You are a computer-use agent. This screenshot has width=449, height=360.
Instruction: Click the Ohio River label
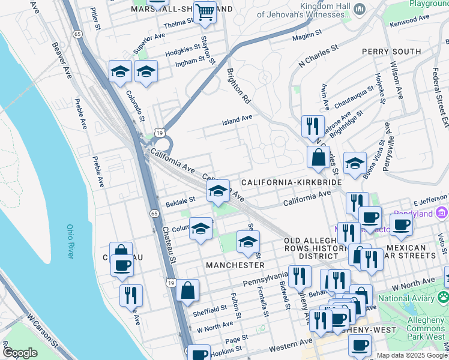click(x=70, y=242)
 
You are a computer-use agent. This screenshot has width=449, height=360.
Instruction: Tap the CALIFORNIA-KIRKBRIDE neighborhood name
click(x=291, y=182)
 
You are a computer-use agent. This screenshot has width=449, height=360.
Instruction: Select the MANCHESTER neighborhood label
click(x=235, y=265)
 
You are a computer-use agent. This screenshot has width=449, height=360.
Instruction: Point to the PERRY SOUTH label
click(x=391, y=52)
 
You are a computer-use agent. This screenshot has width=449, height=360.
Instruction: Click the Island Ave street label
click(x=237, y=119)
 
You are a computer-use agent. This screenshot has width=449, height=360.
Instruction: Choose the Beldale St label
click(x=181, y=200)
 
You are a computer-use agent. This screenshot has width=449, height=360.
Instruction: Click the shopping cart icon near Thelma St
click(x=205, y=11)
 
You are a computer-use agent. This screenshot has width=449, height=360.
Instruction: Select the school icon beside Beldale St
click(x=217, y=191)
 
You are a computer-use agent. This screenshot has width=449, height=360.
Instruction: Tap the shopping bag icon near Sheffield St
click(x=188, y=290)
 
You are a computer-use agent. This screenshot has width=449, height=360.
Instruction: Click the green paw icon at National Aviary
click(x=442, y=297)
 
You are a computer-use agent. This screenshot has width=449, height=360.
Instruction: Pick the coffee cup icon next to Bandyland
click(x=401, y=225)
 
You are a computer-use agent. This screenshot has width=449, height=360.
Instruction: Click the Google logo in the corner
click(x=20, y=353)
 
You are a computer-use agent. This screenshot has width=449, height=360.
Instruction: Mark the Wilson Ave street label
click(x=396, y=77)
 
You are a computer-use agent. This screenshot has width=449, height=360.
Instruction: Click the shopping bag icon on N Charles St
click(x=318, y=157)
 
